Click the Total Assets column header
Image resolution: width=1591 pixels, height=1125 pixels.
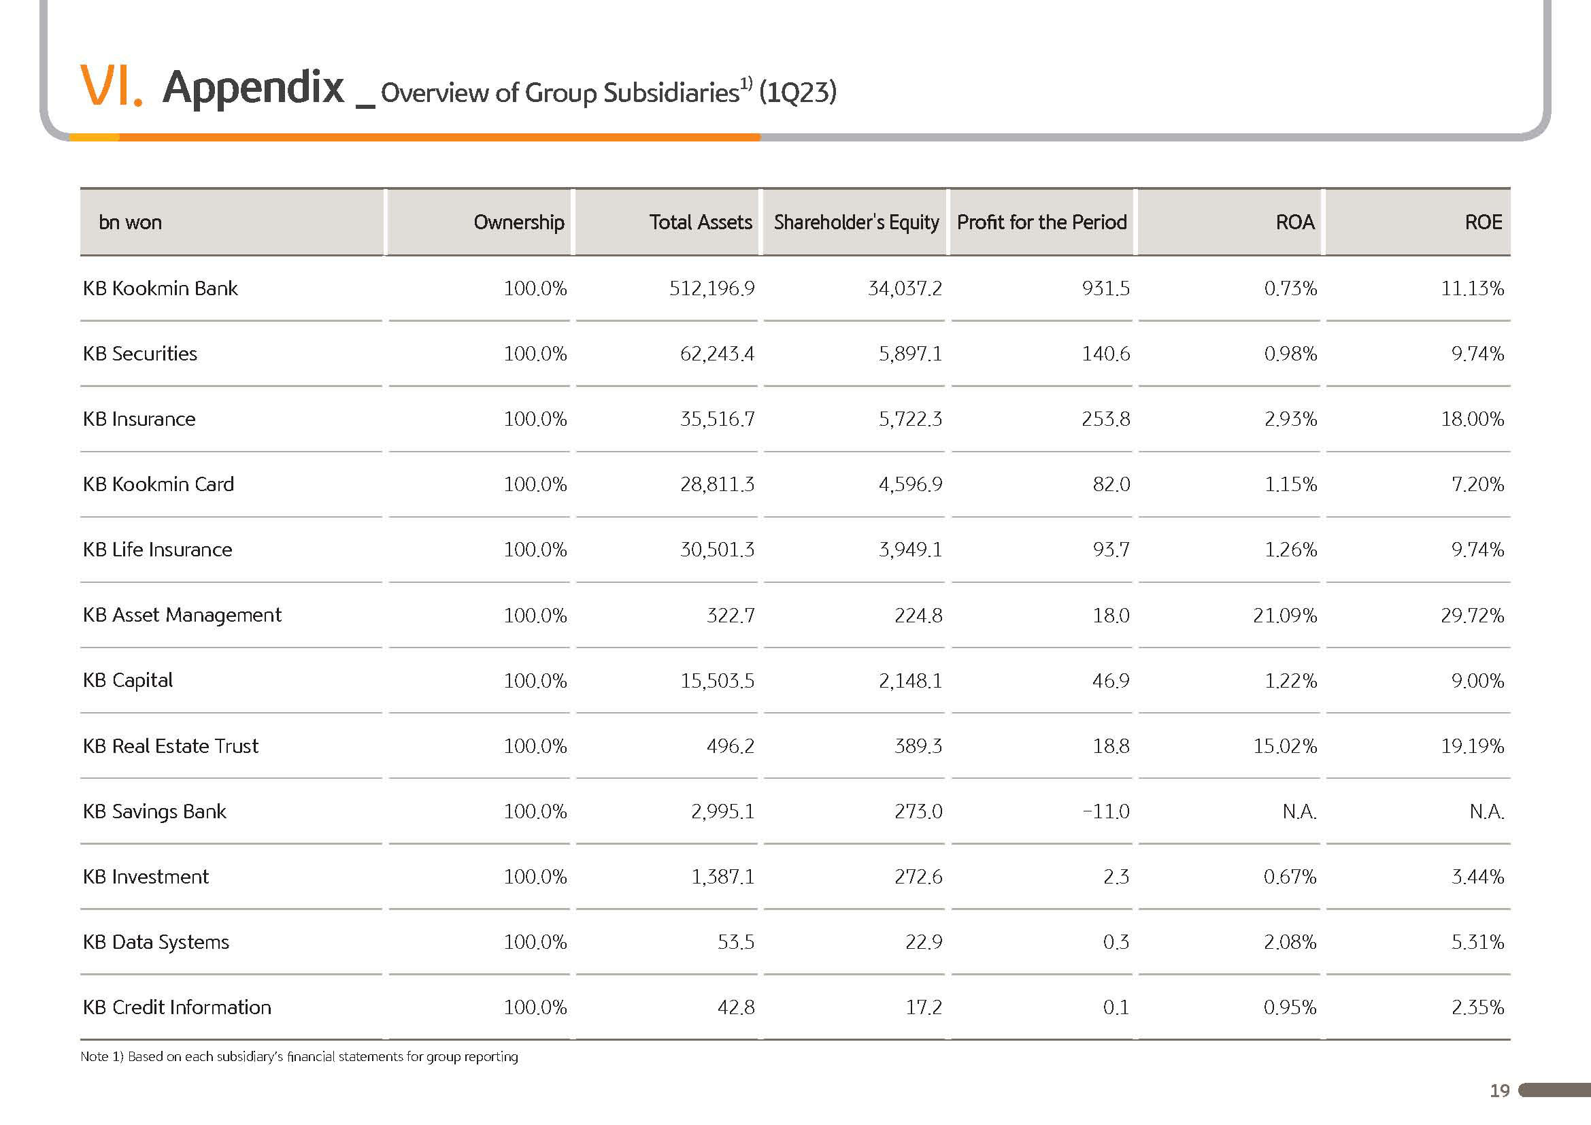[701, 222]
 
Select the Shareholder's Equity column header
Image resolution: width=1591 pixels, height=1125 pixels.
[856, 223]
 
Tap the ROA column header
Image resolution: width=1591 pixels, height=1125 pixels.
[1294, 222]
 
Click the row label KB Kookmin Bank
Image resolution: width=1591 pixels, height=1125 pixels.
[160, 288]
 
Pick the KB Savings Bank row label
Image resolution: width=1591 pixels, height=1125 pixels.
[154, 811]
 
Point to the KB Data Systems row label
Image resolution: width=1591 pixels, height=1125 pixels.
[156, 942]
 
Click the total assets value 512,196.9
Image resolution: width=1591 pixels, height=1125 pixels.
[711, 289]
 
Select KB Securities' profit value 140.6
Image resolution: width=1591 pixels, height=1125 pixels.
[1106, 354]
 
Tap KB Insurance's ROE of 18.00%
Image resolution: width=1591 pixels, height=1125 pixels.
[1473, 419]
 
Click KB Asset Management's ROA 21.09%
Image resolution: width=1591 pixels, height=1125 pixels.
[1285, 615]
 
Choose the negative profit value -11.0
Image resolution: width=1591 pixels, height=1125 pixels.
[1106, 811]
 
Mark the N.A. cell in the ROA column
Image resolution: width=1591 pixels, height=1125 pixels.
[1299, 811]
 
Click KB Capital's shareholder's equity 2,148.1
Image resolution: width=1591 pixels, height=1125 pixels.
[911, 681]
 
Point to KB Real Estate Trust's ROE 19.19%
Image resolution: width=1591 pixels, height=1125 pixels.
[1473, 746]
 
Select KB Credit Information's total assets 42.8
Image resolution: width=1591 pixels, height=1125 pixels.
[736, 1007]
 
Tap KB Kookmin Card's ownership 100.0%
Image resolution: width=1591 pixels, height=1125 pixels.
[535, 484]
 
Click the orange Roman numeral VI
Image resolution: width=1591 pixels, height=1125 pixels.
[111, 86]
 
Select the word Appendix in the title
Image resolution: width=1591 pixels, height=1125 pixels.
[253, 88]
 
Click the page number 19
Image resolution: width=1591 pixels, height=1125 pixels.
[1500, 1091]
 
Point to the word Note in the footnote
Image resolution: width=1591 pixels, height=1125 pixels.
[95, 1056]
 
